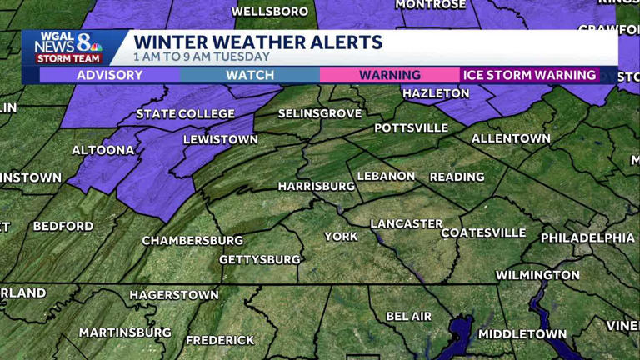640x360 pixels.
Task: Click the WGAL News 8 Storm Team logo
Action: pos(67,47)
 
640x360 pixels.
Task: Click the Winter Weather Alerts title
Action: pos(258,42)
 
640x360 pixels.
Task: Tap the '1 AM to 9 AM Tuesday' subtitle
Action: pos(202,57)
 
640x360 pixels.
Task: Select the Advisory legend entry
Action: pos(109,76)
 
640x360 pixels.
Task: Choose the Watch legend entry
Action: pos(250,76)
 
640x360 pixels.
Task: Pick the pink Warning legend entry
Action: pos(390,76)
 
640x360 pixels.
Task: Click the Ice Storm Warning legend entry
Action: pos(530,76)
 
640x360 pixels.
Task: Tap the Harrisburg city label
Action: pos(316,186)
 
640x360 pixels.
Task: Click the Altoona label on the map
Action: pos(103,150)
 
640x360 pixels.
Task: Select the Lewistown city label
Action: pos(221,140)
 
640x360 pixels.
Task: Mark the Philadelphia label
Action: pos(587,238)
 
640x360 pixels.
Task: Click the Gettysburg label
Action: pos(259,260)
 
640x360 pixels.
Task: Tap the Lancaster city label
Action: pos(406,224)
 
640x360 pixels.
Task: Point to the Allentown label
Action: pos(511,138)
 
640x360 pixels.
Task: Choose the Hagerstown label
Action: pos(174,295)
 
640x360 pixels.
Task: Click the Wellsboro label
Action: pos(270,12)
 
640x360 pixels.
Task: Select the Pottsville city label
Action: pos(412,128)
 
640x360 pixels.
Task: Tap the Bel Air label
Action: pos(409,317)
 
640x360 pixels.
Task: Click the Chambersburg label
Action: pos(192,241)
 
